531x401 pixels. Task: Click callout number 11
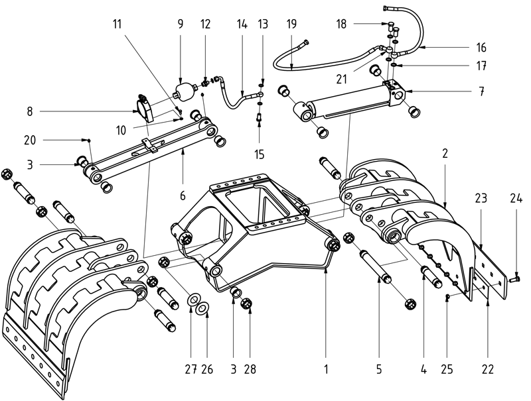point(117,24)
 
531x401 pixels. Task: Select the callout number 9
point(181,24)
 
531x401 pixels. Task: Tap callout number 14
point(242,24)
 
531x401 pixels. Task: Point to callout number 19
point(292,24)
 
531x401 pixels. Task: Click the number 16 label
point(481,48)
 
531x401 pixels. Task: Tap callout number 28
point(250,368)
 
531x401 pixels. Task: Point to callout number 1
point(326,368)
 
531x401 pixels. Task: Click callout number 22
point(488,368)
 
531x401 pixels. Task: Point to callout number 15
point(260,155)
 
